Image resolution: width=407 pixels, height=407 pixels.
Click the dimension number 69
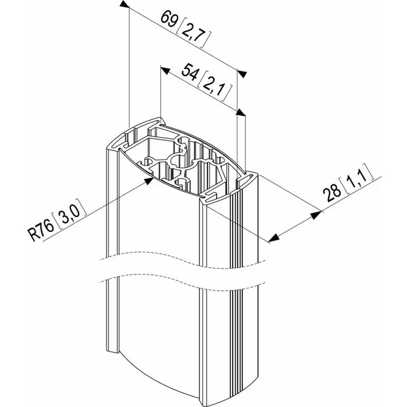coord(169,19)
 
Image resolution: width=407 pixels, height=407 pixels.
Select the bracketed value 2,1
coord(215,87)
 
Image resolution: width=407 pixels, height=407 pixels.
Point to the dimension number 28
coord(331,191)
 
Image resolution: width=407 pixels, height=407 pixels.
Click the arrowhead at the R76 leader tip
coord(148,181)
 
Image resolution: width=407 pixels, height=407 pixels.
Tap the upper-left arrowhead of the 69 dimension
coord(124,3)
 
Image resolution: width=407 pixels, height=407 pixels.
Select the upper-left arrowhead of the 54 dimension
coord(165,70)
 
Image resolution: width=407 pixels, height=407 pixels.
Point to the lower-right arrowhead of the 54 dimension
coord(241,112)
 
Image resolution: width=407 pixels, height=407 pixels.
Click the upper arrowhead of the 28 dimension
coord(316,215)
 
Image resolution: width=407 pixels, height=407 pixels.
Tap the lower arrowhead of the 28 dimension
coord(274,238)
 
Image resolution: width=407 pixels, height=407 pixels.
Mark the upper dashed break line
coord(181,260)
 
